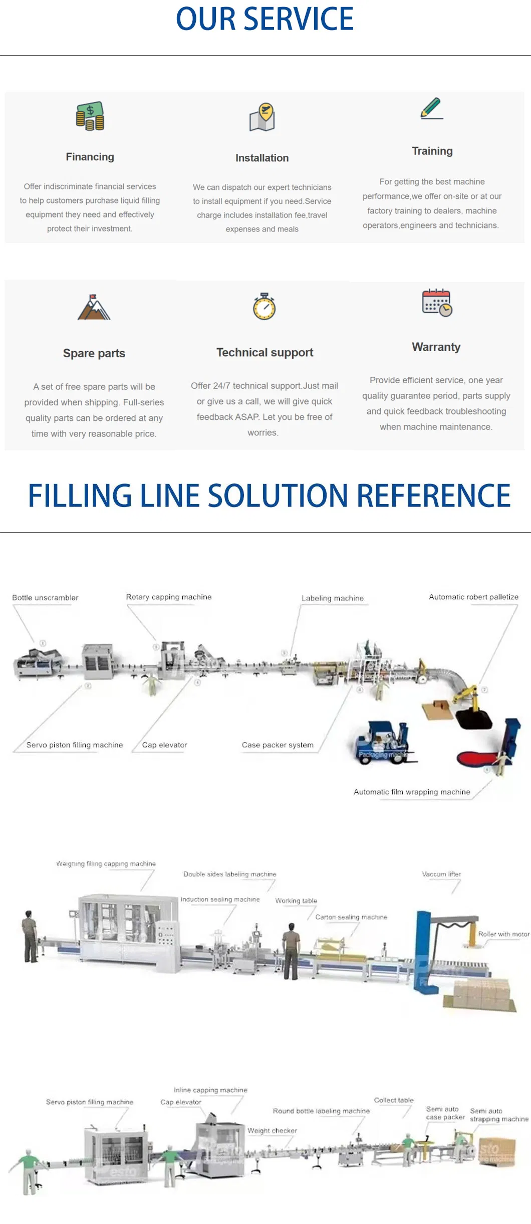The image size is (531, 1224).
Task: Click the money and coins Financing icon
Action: [90, 116]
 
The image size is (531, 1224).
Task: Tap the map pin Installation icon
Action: [262, 117]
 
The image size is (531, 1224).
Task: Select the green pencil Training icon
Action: [432, 108]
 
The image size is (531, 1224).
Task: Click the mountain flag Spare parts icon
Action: [94, 307]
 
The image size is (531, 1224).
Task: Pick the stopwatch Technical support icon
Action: [264, 307]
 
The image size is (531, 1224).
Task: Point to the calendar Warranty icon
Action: [437, 303]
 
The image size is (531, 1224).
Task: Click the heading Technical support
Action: [264, 353]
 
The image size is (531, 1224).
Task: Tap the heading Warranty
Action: [436, 347]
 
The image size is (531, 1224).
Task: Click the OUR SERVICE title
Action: [264, 19]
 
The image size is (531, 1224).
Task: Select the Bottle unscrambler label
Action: [45, 598]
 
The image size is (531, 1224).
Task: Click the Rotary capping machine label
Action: [169, 597]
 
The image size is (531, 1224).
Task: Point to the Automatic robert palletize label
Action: [473, 597]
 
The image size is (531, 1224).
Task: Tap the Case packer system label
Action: [278, 745]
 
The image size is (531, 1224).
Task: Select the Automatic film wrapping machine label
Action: [412, 792]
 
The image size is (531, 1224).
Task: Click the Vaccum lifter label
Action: [441, 874]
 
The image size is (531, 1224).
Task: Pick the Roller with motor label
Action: [503, 934]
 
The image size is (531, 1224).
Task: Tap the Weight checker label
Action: [272, 1131]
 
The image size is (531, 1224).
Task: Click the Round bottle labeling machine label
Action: [321, 1111]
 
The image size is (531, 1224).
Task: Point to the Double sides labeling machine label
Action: [229, 874]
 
